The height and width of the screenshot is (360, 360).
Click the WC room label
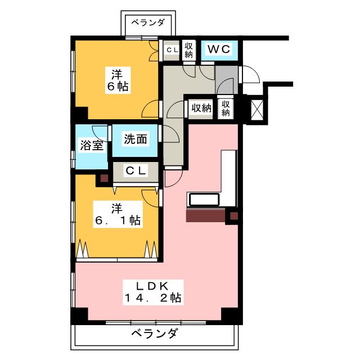(219, 49)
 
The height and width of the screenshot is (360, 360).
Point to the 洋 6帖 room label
(117, 80)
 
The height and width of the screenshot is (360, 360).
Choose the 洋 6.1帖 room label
(117, 214)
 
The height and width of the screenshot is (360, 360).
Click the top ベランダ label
(148, 22)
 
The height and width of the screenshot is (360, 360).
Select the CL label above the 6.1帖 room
(135, 170)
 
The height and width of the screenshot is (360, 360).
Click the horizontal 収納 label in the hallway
(200, 107)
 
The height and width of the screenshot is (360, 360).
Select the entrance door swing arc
(249, 76)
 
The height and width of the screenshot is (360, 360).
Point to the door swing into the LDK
(173, 178)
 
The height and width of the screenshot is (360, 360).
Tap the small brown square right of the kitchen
(233, 215)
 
